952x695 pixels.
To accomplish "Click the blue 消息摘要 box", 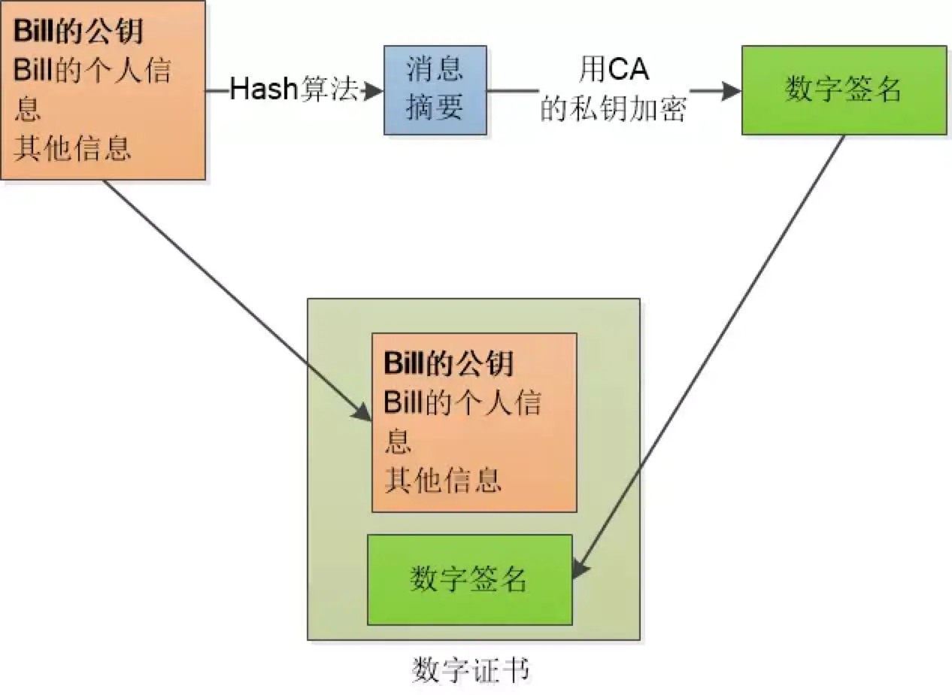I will [435, 90].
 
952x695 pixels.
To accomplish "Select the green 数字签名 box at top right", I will [843, 90].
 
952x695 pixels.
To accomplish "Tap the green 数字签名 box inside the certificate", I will [469, 579].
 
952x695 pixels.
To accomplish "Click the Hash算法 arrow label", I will [293, 91].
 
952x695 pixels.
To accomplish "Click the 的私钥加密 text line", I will [614, 111].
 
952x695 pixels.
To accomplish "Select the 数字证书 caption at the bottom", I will [471, 669].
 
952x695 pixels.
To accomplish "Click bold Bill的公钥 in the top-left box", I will [78, 34].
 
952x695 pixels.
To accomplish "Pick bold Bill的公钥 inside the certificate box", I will [449, 363].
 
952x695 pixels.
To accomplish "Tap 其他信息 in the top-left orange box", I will [72, 149].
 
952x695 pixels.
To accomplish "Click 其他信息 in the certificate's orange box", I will [443, 479].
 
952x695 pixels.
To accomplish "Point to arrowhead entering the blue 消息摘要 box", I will [374, 91].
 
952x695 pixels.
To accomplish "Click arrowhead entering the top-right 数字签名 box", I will [732, 91].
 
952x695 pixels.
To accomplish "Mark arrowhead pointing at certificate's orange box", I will [365, 414].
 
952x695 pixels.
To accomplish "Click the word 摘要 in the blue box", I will [435, 108].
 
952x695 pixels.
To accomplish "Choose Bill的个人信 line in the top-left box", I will [92, 72].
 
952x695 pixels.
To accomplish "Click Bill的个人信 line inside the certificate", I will [462, 403].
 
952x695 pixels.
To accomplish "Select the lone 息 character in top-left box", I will [27, 111].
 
